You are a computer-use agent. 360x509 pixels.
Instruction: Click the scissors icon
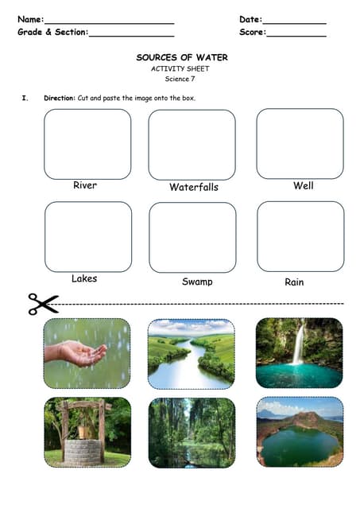tap(44, 303)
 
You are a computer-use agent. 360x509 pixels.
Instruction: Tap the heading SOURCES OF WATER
tap(182, 58)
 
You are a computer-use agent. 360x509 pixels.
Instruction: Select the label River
tap(85, 185)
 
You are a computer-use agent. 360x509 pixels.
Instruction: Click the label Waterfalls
tap(193, 188)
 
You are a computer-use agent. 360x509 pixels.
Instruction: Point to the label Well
tap(303, 185)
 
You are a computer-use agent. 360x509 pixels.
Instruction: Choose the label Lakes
tap(84, 278)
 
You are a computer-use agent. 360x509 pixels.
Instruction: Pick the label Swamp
tap(197, 282)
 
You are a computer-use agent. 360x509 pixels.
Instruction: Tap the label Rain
tap(294, 282)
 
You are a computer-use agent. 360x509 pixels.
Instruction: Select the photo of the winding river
tap(192, 353)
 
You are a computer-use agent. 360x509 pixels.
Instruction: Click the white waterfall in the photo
tap(298, 344)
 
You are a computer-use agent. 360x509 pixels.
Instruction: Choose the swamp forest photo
tap(192, 432)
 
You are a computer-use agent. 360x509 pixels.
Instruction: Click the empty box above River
tap(87, 144)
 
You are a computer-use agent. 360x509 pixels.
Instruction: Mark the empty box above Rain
tap(300, 236)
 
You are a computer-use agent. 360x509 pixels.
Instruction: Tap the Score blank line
tap(296, 35)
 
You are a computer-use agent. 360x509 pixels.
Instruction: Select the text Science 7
tap(180, 79)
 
